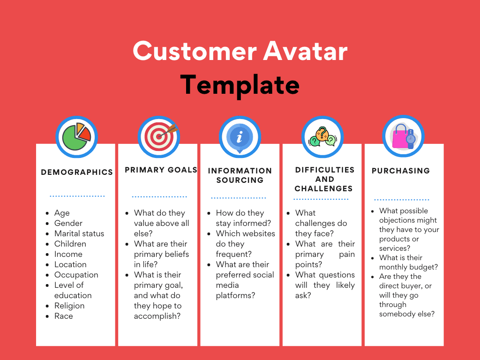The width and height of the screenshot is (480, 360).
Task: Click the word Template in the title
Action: pyautogui.click(x=240, y=85)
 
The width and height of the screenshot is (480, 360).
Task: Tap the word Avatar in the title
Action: pyautogui.click(x=305, y=51)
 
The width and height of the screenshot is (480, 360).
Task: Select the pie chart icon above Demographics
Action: pyautogui.click(x=76, y=136)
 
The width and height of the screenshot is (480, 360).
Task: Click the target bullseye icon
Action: pyautogui.click(x=159, y=136)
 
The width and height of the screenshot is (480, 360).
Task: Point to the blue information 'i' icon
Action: pyautogui.click(x=240, y=136)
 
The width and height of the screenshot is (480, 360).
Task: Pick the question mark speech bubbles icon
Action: pyautogui.click(x=322, y=136)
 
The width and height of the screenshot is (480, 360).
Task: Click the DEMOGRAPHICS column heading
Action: pyautogui.click(x=77, y=172)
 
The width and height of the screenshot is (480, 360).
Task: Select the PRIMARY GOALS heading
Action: pyautogui.click(x=161, y=170)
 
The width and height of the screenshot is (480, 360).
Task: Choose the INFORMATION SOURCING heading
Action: pyautogui.click(x=240, y=175)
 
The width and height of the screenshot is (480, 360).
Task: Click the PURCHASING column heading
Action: pyautogui.click(x=401, y=171)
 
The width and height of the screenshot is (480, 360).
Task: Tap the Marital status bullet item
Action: pyautogui.click(x=79, y=233)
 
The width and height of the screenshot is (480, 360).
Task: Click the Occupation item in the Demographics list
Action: pyautogui.click(x=76, y=275)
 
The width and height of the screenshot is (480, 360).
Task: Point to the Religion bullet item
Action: pyautogui.click(x=69, y=306)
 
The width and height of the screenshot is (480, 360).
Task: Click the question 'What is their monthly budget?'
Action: pyautogui.click(x=408, y=262)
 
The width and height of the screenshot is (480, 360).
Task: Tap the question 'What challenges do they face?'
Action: pyautogui.click(x=321, y=223)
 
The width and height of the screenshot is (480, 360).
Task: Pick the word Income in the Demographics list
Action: pyautogui.click(x=68, y=254)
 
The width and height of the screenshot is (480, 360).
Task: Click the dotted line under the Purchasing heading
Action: pyautogui.click(x=401, y=200)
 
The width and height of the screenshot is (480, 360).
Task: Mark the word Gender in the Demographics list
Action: pyautogui.click(x=68, y=223)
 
